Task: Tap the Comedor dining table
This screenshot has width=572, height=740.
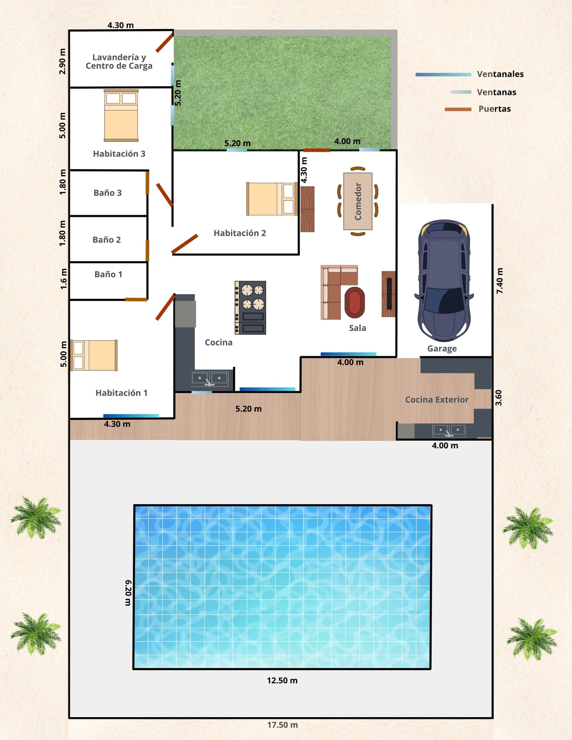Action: pos(358,201)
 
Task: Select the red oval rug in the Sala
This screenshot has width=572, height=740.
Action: pos(355,302)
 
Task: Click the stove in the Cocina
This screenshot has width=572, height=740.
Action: pos(250,308)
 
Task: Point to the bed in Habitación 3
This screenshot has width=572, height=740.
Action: pos(121,115)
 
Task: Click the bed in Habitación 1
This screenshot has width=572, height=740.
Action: pos(94,355)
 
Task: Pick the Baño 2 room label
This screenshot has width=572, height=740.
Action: pos(107,240)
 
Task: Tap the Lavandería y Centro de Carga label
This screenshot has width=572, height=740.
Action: pos(119,61)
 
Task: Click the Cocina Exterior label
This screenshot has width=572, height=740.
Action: pos(437,399)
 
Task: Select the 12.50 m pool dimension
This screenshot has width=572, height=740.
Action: pos(282,680)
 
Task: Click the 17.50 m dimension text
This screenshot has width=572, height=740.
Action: pos(282,725)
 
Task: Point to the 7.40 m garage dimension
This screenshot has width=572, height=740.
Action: pos(500,281)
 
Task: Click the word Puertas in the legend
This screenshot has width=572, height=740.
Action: pos(495,109)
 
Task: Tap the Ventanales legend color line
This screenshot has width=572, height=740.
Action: pos(443,75)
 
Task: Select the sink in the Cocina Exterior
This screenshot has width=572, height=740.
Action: pos(449,431)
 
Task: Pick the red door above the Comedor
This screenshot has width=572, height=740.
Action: pos(317,150)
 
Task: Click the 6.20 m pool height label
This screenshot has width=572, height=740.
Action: pos(128,592)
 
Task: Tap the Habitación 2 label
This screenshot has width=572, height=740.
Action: pos(240,233)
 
